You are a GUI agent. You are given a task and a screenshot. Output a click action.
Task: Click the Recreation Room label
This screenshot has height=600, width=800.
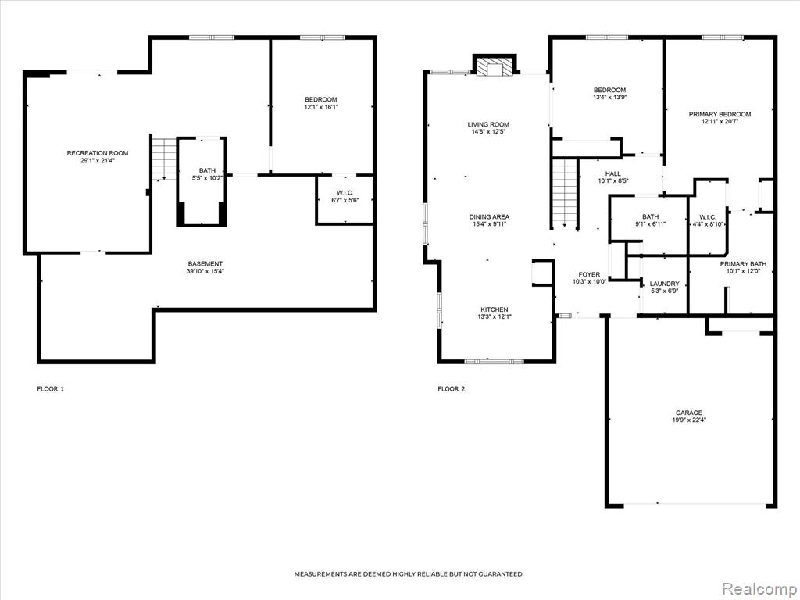click(x=98, y=153)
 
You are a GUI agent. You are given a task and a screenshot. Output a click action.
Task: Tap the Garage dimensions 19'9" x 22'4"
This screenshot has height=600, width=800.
click(x=689, y=420)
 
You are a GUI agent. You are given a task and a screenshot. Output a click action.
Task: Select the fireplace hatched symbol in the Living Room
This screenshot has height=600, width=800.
click(x=495, y=66)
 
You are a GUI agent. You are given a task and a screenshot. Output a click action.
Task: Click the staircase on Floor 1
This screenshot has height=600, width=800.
click(x=164, y=159)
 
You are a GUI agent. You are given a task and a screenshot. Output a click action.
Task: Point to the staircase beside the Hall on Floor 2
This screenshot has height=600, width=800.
click(x=564, y=194)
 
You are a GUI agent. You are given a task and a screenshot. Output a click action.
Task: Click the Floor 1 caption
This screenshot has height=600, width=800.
click(x=51, y=389)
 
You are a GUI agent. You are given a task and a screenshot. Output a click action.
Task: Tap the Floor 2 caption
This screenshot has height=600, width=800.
click(x=452, y=389)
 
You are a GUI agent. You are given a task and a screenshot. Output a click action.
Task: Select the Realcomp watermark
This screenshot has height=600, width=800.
click(x=757, y=588)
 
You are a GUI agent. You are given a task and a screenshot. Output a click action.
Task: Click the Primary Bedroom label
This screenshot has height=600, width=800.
click(x=720, y=114)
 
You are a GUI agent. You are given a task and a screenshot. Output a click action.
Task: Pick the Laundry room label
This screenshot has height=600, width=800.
click(x=664, y=284)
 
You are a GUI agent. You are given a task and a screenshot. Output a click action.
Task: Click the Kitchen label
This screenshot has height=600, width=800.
click(x=495, y=309)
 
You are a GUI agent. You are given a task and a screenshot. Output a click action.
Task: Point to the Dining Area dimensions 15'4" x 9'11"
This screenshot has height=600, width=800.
click(x=489, y=224)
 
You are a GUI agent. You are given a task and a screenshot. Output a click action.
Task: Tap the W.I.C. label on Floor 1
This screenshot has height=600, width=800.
click(x=345, y=192)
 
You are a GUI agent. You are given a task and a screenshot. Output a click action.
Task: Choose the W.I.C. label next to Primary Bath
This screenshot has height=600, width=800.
click(x=707, y=217)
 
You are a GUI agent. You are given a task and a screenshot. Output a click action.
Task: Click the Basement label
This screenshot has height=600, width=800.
click(x=205, y=264)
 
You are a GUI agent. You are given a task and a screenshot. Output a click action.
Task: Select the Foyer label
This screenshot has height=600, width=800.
click(x=589, y=274)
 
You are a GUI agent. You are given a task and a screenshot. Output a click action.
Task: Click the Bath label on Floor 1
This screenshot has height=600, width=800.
click(x=207, y=170)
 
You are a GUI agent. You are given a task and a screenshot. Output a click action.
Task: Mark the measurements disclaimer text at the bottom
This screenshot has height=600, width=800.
click(x=408, y=574)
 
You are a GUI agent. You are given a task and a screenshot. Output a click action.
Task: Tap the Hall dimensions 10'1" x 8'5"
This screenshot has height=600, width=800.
click(x=612, y=180)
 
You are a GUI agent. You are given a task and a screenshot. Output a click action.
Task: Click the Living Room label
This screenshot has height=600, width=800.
click(x=488, y=124)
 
